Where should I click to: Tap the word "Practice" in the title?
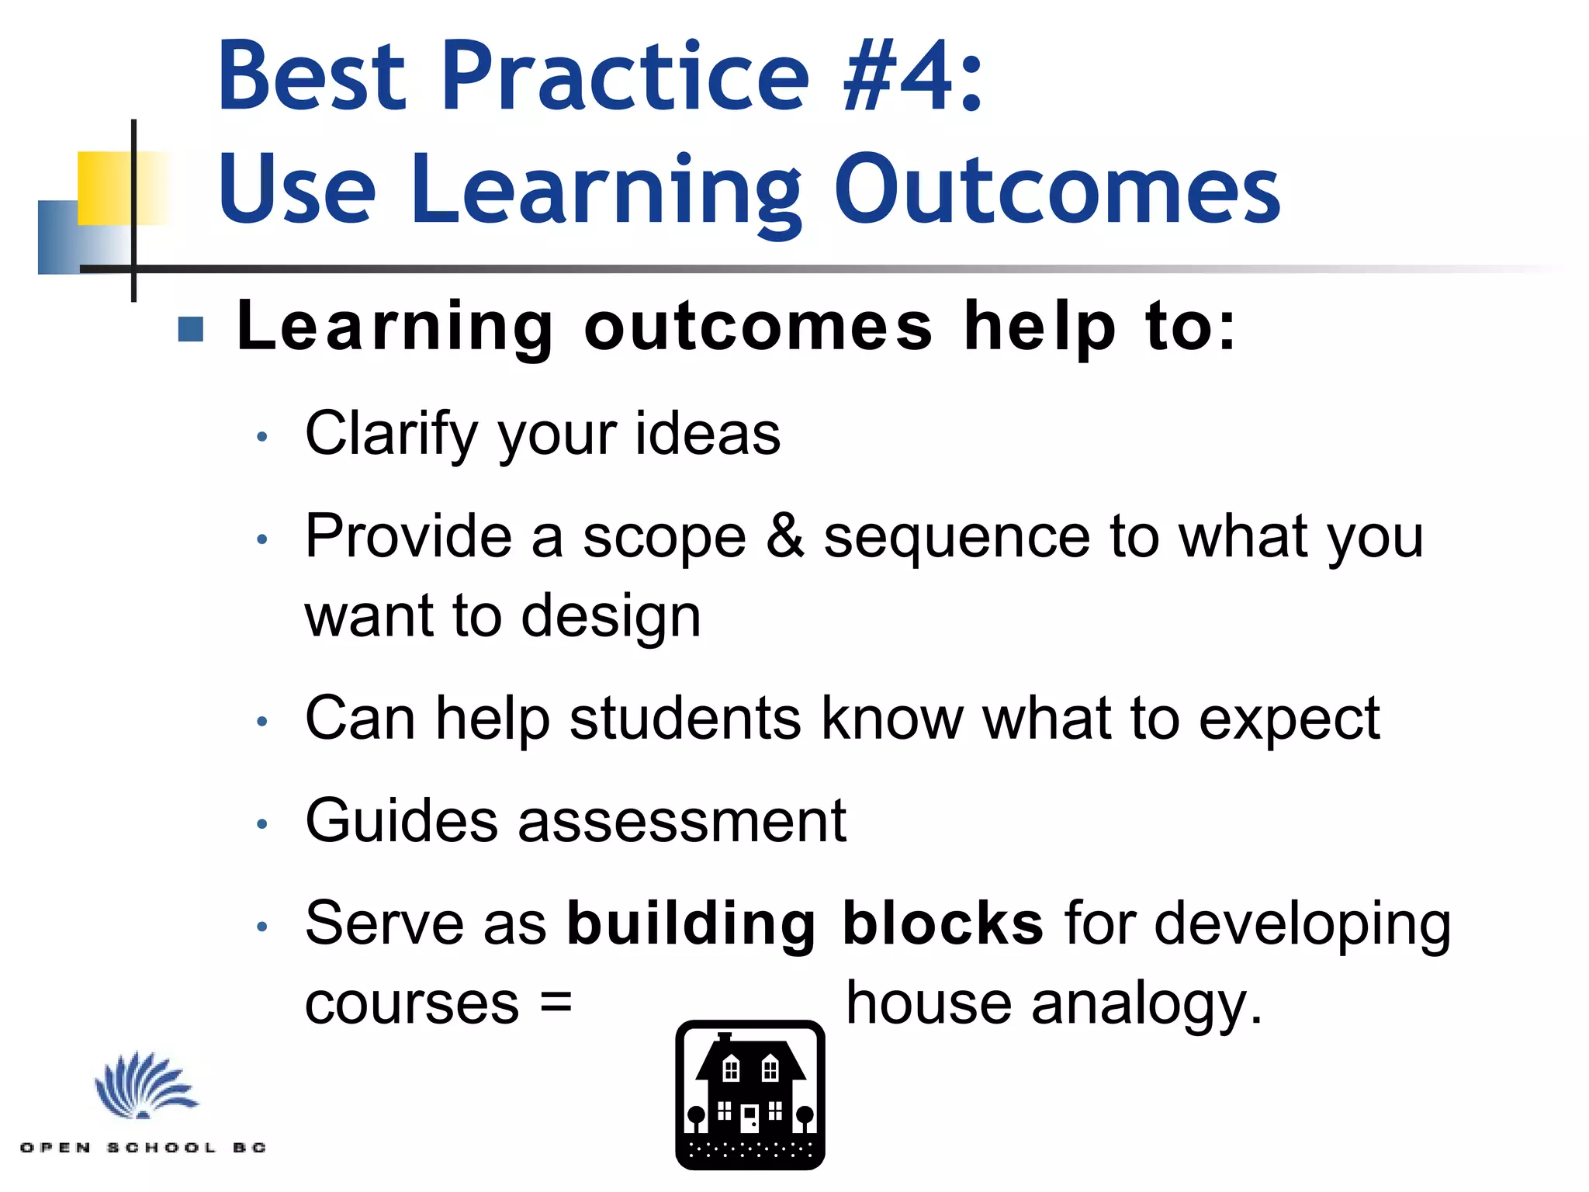click(625, 76)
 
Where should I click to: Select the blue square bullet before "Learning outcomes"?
click(191, 329)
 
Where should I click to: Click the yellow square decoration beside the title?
click(106, 188)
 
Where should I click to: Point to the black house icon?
click(750, 1095)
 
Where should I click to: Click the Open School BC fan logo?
click(144, 1086)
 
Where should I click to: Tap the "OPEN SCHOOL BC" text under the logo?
click(144, 1147)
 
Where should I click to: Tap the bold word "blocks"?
click(943, 923)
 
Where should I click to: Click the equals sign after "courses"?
click(556, 1003)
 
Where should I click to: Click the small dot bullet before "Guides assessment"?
click(262, 824)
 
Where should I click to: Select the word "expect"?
click(1289, 720)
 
